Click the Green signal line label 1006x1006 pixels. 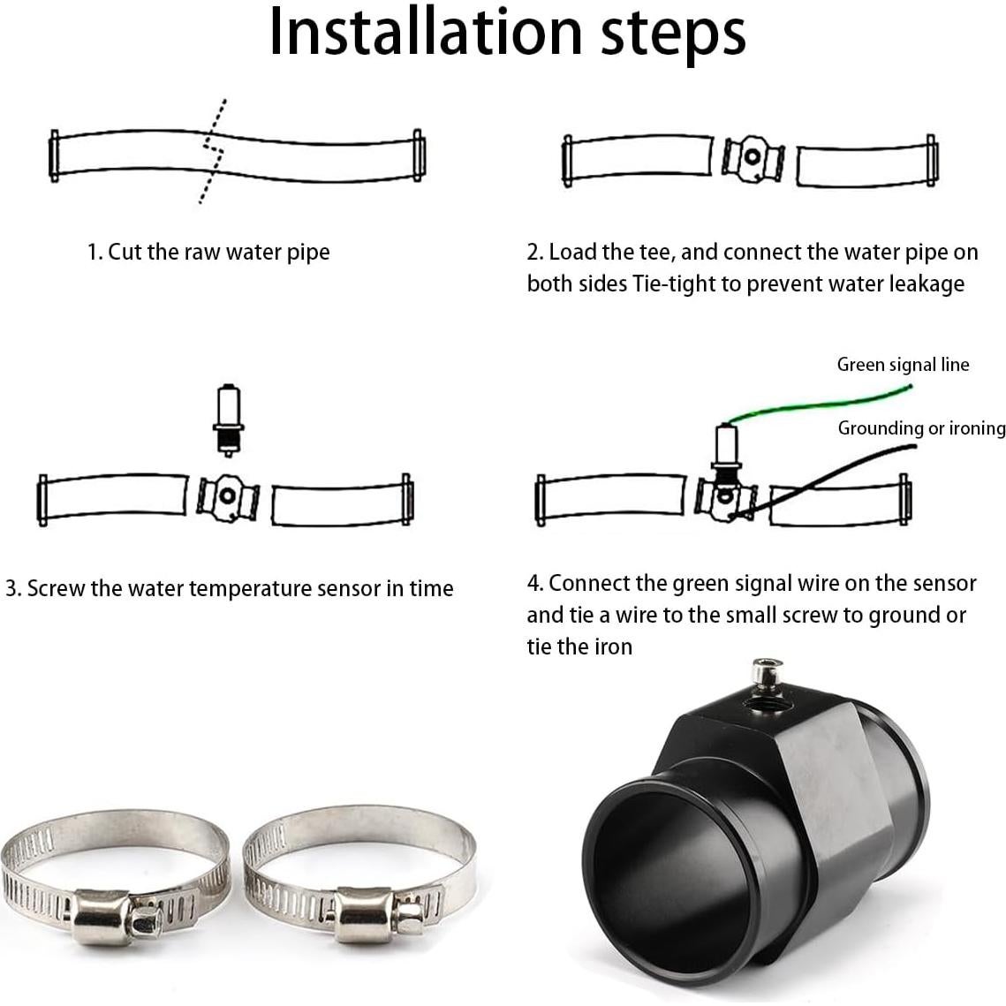tap(902, 365)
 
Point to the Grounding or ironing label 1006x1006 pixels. tap(920, 428)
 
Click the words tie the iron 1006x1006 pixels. tap(579, 647)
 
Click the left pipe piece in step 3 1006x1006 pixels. tap(115, 498)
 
